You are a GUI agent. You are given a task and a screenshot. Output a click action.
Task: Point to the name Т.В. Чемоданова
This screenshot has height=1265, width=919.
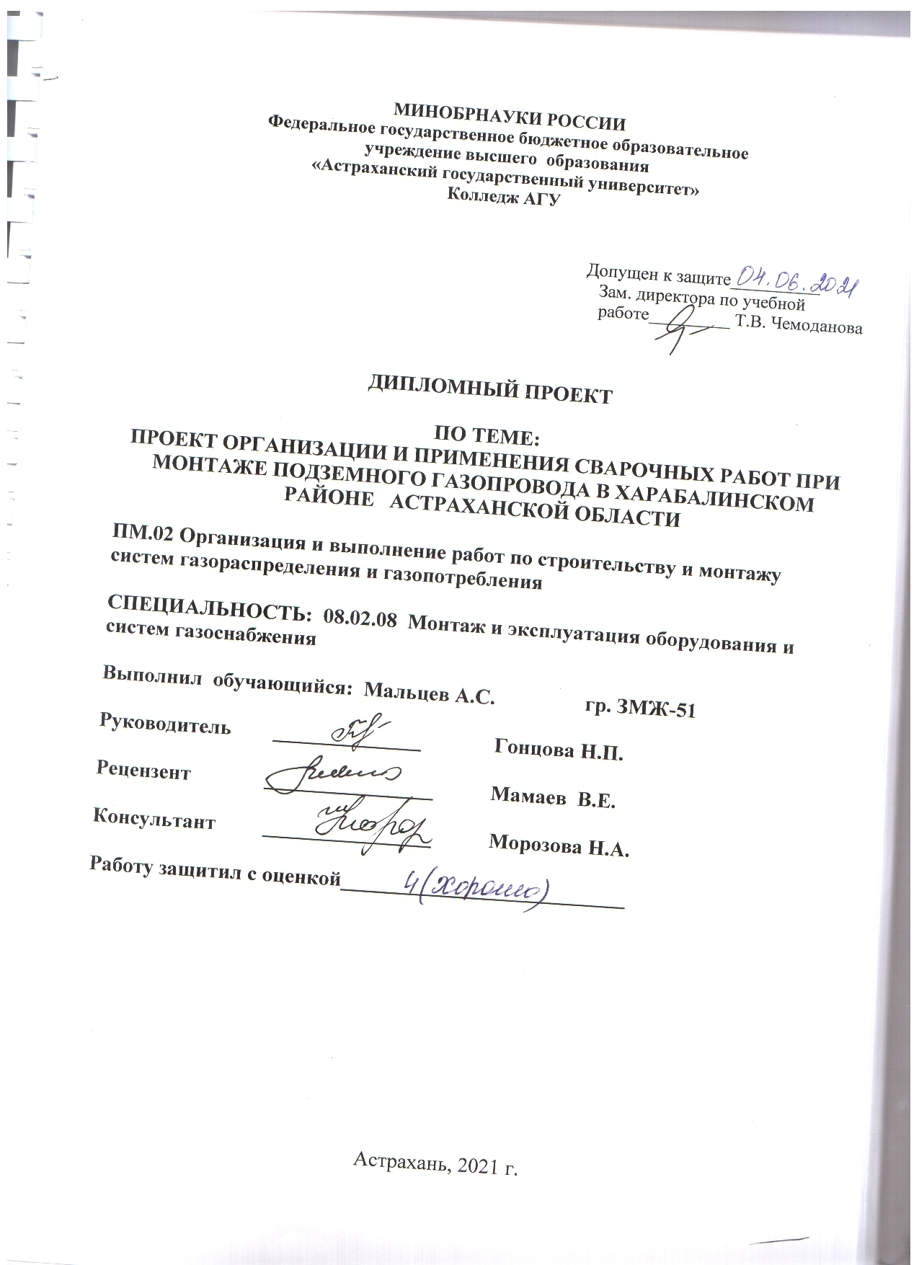click(x=797, y=327)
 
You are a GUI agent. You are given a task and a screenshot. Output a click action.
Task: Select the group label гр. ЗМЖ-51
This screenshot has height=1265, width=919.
click(x=640, y=708)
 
